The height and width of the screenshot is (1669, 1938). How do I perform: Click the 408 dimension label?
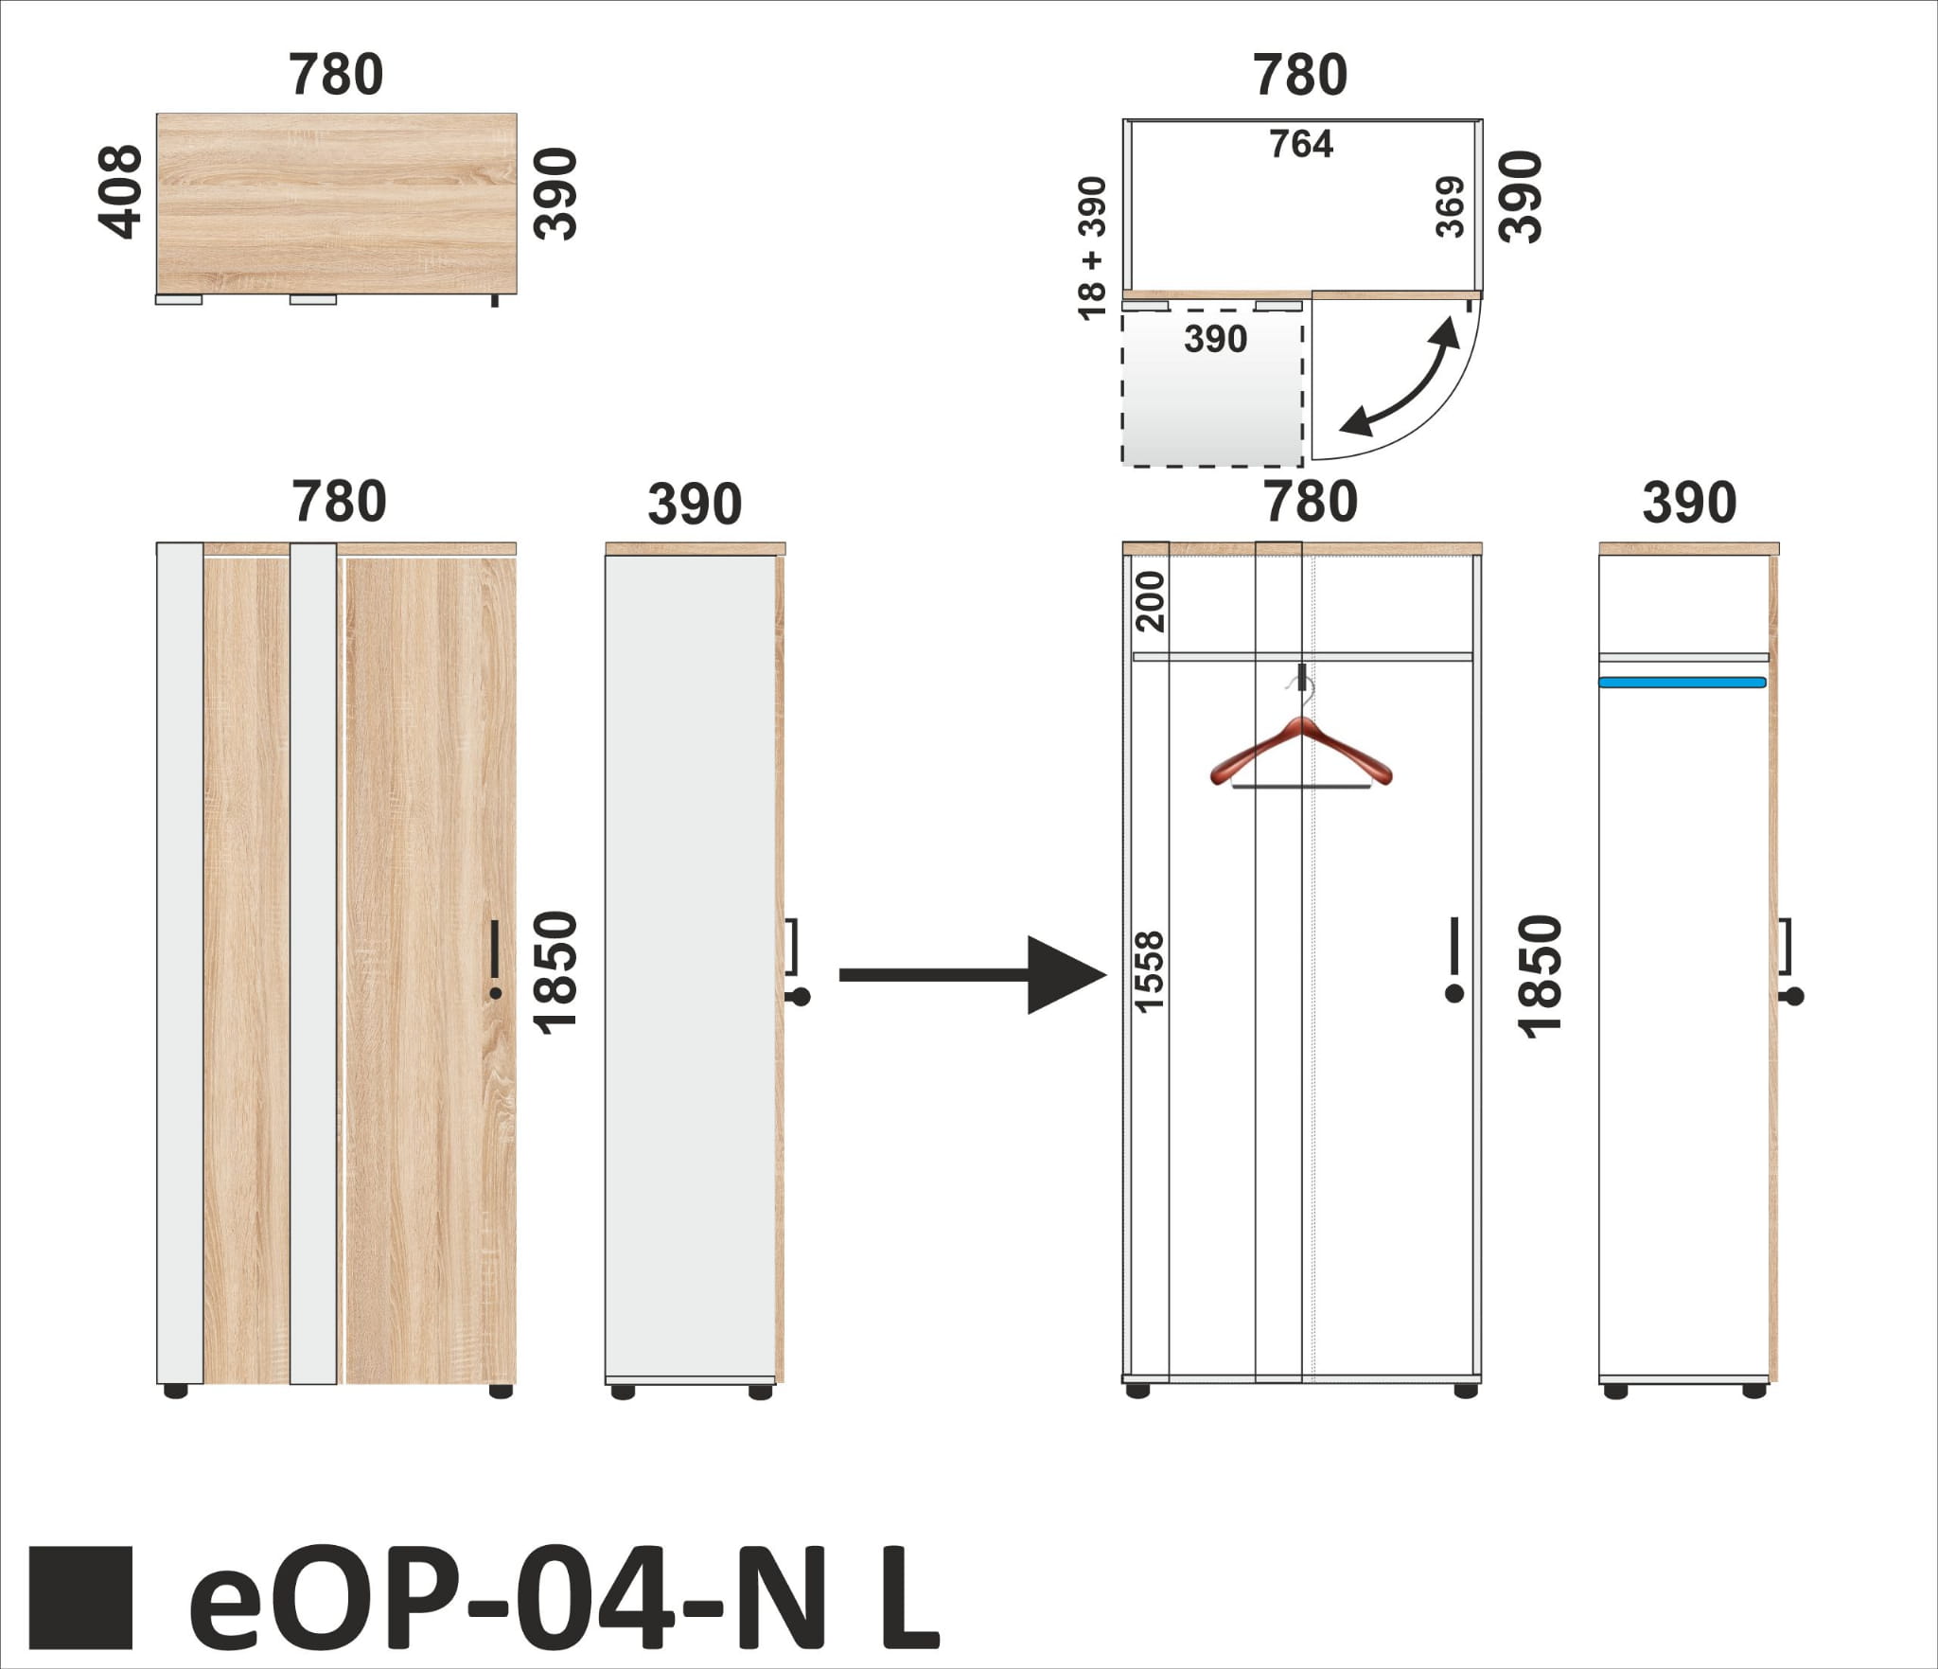(x=120, y=191)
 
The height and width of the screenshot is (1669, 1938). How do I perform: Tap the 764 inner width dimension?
(x=1301, y=144)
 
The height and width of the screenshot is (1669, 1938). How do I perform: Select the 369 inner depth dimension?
(x=1450, y=206)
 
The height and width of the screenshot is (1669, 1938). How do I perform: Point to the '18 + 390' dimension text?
(x=1092, y=248)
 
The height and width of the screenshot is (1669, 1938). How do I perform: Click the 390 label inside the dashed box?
(x=1216, y=339)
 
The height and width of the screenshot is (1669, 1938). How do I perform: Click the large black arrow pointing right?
(x=974, y=975)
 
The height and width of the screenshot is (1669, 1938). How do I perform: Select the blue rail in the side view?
(x=1683, y=682)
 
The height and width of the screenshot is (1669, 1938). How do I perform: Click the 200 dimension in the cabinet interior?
(x=1151, y=601)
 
